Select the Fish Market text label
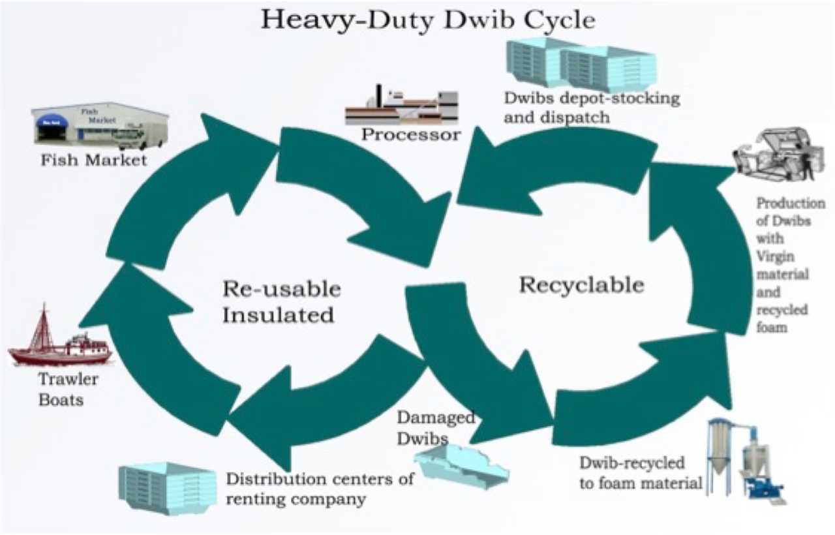coord(94,159)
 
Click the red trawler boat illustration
coord(59,343)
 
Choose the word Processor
coord(411,135)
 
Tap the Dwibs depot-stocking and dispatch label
coord(591,108)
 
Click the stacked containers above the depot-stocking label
coord(581,64)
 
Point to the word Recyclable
coord(581,285)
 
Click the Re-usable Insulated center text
coord(281,302)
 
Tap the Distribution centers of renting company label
coord(320,489)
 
